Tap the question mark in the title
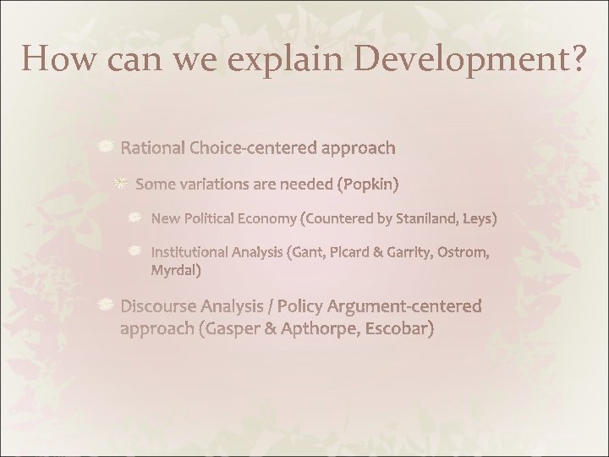[x=573, y=59]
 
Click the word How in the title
[x=53, y=59]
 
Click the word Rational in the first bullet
[x=154, y=149]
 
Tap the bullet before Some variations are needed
[x=122, y=183]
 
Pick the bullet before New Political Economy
[x=134, y=218]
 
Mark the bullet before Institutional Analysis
[x=134, y=251]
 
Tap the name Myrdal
[x=175, y=271]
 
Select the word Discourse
[x=161, y=306]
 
